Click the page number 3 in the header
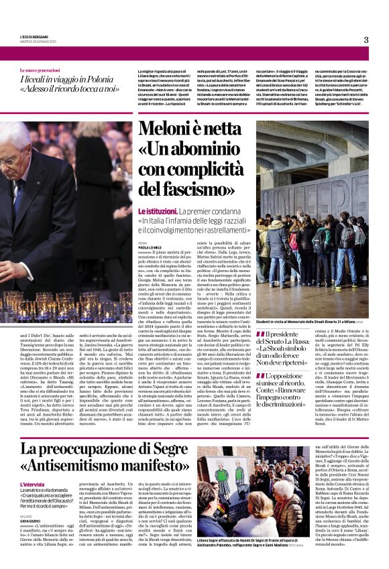(366, 40)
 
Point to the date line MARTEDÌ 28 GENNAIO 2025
(40, 42)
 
